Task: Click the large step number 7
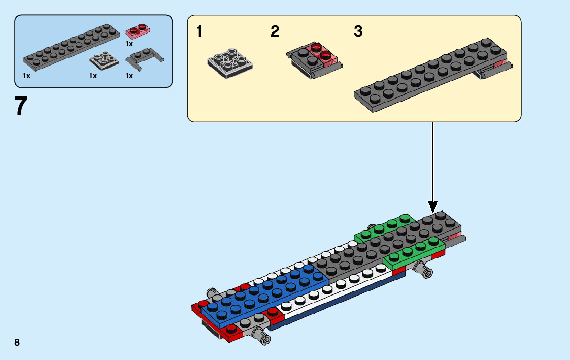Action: pos(21,106)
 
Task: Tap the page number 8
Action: pos(17,342)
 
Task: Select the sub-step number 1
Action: pos(199,32)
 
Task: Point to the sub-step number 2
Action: pos(275,32)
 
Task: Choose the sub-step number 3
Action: pos(358,32)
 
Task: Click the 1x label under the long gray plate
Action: pos(26,76)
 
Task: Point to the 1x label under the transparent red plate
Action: pos(129,44)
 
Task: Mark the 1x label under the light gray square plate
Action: pos(93,76)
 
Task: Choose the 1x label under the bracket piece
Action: pos(129,76)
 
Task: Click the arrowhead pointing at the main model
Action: pos(433,207)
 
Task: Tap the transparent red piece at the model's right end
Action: pos(455,235)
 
